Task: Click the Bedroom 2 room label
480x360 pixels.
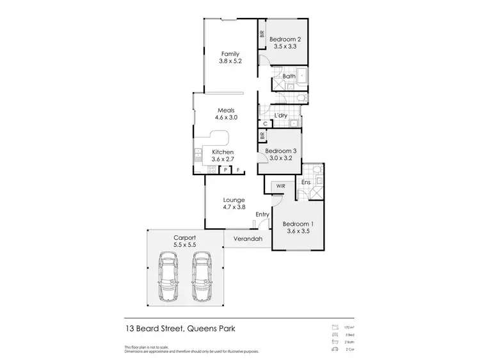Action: click(285, 39)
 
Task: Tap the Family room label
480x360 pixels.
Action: click(230, 54)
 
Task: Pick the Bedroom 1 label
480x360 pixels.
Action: click(298, 224)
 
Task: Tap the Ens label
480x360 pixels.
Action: click(306, 182)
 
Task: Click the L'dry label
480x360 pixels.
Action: click(280, 116)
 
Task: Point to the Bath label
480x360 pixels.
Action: click(289, 77)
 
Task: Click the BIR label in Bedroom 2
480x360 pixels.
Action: click(262, 36)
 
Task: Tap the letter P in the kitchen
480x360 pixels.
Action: click(225, 170)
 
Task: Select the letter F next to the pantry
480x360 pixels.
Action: click(238, 170)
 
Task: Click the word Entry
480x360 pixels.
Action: click(262, 214)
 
